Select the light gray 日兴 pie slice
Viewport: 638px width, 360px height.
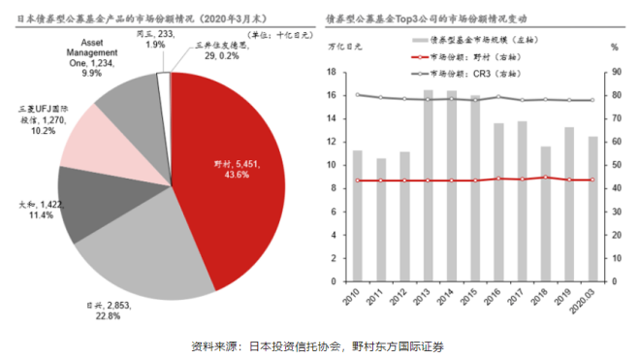(145, 257)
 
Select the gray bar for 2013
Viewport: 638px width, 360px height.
(428, 184)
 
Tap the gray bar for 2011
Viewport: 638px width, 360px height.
(381, 219)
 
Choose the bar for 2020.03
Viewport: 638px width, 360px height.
(592, 209)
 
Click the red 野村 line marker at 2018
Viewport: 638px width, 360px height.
(546, 178)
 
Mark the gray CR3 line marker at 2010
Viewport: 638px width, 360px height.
(358, 95)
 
